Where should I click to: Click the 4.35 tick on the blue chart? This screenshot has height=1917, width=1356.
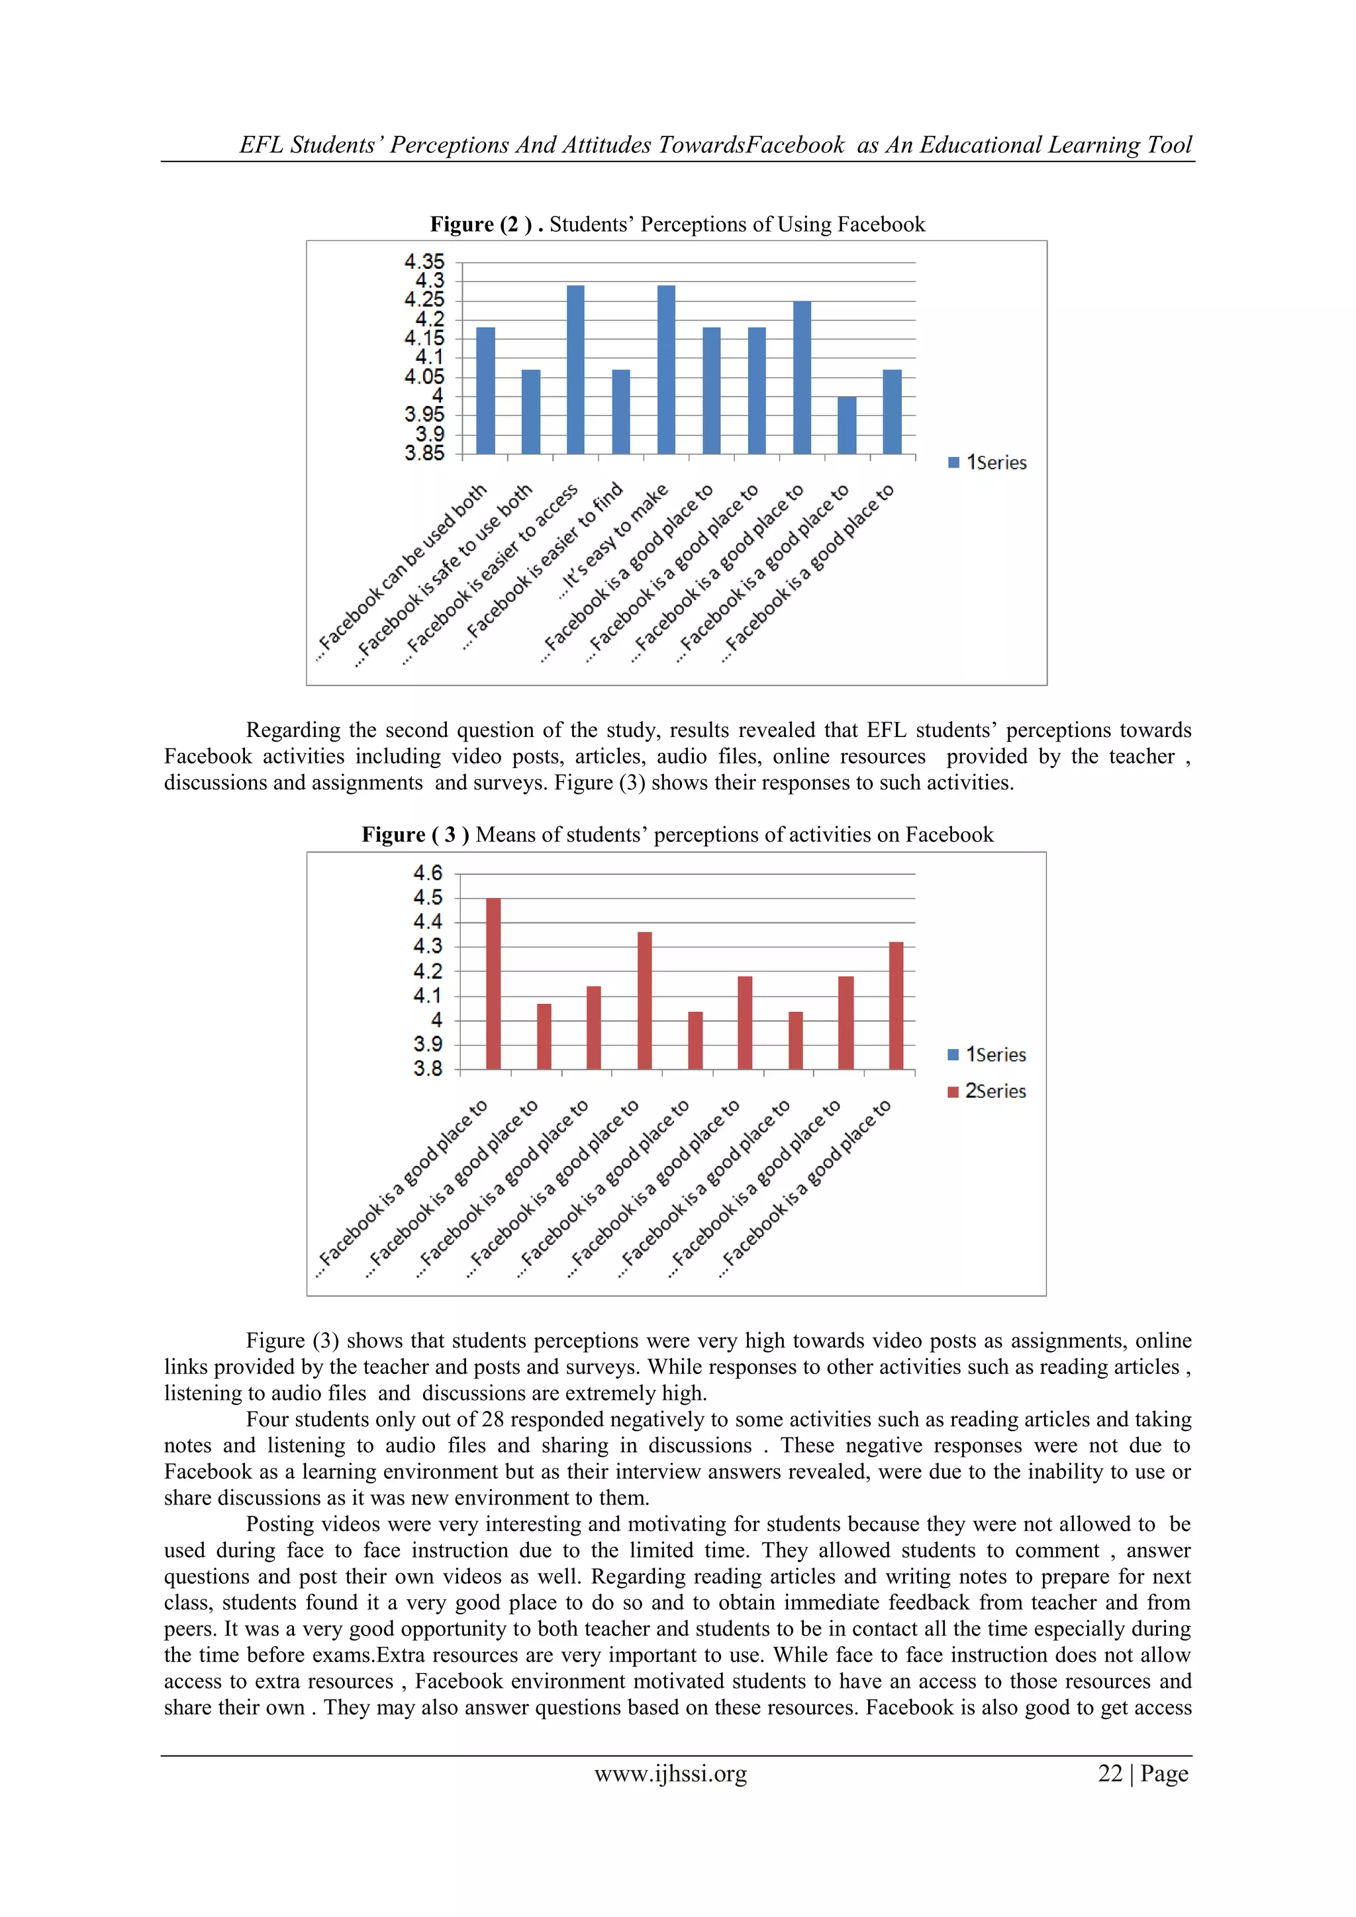[x=424, y=262]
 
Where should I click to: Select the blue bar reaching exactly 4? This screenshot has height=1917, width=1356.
[x=847, y=425]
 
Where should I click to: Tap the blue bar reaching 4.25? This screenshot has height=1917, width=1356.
[x=802, y=377]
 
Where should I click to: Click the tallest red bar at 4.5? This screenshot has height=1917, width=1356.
[x=493, y=983]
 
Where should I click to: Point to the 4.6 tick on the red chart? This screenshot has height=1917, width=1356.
[x=428, y=873]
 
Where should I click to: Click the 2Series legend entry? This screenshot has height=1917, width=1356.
[x=987, y=1091]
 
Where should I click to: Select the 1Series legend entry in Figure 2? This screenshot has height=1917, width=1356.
[x=988, y=463]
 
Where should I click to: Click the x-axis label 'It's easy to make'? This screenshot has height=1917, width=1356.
[x=614, y=541]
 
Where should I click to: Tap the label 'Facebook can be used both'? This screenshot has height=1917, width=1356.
[x=403, y=573]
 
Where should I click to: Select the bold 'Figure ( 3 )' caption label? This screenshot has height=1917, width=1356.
[x=415, y=835]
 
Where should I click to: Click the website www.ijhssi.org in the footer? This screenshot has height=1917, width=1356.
[x=671, y=1773]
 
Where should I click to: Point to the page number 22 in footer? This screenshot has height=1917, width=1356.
[x=1110, y=1773]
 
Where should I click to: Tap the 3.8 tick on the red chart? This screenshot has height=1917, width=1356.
[x=428, y=1069]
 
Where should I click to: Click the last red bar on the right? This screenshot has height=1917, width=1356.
[x=896, y=1005]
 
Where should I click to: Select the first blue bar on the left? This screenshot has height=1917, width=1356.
[x=485, y=390]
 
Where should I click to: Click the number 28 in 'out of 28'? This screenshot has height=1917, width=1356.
[x=493, y=1420]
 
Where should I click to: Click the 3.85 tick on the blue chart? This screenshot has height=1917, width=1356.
[x=424, y=454]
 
